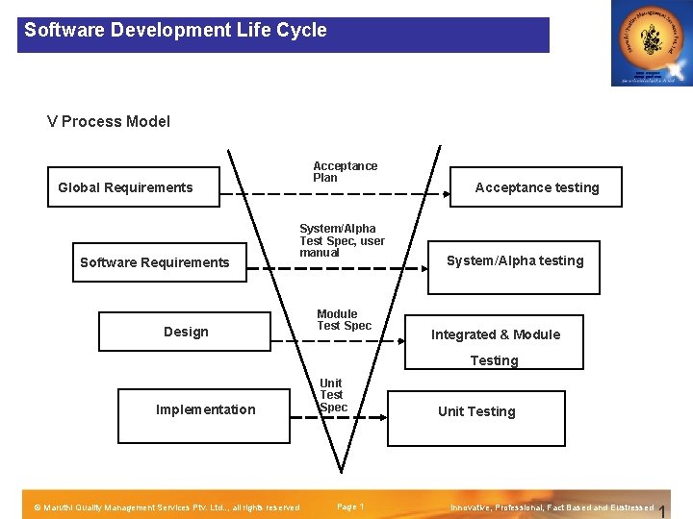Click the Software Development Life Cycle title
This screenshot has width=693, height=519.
pyautogui.click(x=175, y=30)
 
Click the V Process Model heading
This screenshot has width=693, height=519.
pyautogui.click(x=109, y=121)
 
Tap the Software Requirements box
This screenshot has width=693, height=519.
pyautogui.click(x=154, y=261)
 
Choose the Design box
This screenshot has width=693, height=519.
pyautogui.click(x=186, y=332)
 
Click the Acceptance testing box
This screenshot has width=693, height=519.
pyautogui.click(x=537, y=187)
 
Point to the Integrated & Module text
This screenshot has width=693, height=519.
pyautogui.click(x=496, y=334)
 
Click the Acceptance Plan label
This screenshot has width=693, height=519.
pyautogui.click(x=345, y=171)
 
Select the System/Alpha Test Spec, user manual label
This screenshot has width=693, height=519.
pyautogui.click(x=342, y=240)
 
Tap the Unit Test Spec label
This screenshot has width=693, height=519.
pyautogui.click(x=332, y=395)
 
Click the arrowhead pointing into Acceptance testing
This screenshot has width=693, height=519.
pyautogui.click(x=447, y=195)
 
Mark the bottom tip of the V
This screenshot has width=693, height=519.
pyautogui.click(x=341, y=471)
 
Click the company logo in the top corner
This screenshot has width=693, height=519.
pyautogui.click(x=651, y=43)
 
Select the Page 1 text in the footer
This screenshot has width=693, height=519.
pyautogui.click(x=349, y=507)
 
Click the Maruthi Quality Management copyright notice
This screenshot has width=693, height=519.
pyautogui.click(x=167, y=507)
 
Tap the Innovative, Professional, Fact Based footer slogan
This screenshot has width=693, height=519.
pyautogui.click(x=552, y=507)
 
